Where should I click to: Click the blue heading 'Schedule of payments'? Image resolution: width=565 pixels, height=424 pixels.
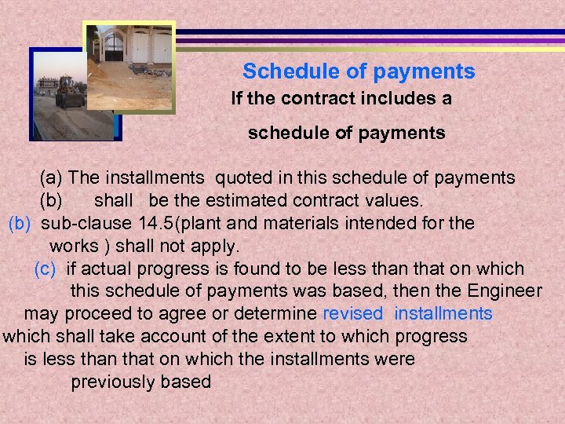[359, 71]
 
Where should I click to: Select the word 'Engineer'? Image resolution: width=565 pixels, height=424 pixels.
[506, 291]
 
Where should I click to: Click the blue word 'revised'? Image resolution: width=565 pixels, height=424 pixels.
[352, 314]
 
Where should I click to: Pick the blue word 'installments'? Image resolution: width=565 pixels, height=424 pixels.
[443, 314]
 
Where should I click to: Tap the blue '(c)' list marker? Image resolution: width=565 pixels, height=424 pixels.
[46, 269]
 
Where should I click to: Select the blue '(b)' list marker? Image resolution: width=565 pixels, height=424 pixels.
[19, 223]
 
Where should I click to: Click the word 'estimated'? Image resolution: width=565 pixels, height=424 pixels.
[236, 200]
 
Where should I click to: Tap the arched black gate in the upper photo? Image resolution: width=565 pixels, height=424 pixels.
[114, 48]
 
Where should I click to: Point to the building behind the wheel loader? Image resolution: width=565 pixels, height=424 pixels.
[48, 82]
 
